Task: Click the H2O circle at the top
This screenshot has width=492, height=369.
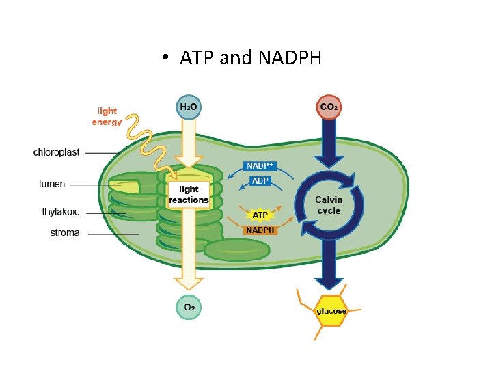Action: coord(189,107)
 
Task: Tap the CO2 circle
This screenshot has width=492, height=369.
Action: coord(329,107)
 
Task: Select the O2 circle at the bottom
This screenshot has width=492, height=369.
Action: coord(189,307)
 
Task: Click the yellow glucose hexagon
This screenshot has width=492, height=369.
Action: coord(331,311)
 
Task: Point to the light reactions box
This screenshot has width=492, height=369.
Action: coord(189,195)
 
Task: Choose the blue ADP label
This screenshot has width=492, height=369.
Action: coord(260,181)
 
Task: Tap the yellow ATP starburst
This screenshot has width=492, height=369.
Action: coord(260,215)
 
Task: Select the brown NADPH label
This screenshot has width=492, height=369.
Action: coord(260,230)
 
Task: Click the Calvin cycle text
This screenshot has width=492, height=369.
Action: coord(329,205)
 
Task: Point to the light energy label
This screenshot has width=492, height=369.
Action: coord(107,116)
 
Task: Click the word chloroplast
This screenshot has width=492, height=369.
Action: coord(56,152)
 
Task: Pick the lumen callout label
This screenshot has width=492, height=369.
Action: coord(52,184)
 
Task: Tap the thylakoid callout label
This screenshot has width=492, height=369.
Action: coord(61,212)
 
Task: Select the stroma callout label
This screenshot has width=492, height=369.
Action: coord(65,233)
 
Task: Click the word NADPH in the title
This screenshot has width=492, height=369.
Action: coord(290,58)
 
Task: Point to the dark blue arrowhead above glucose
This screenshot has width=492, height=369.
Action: coord(329,282)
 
